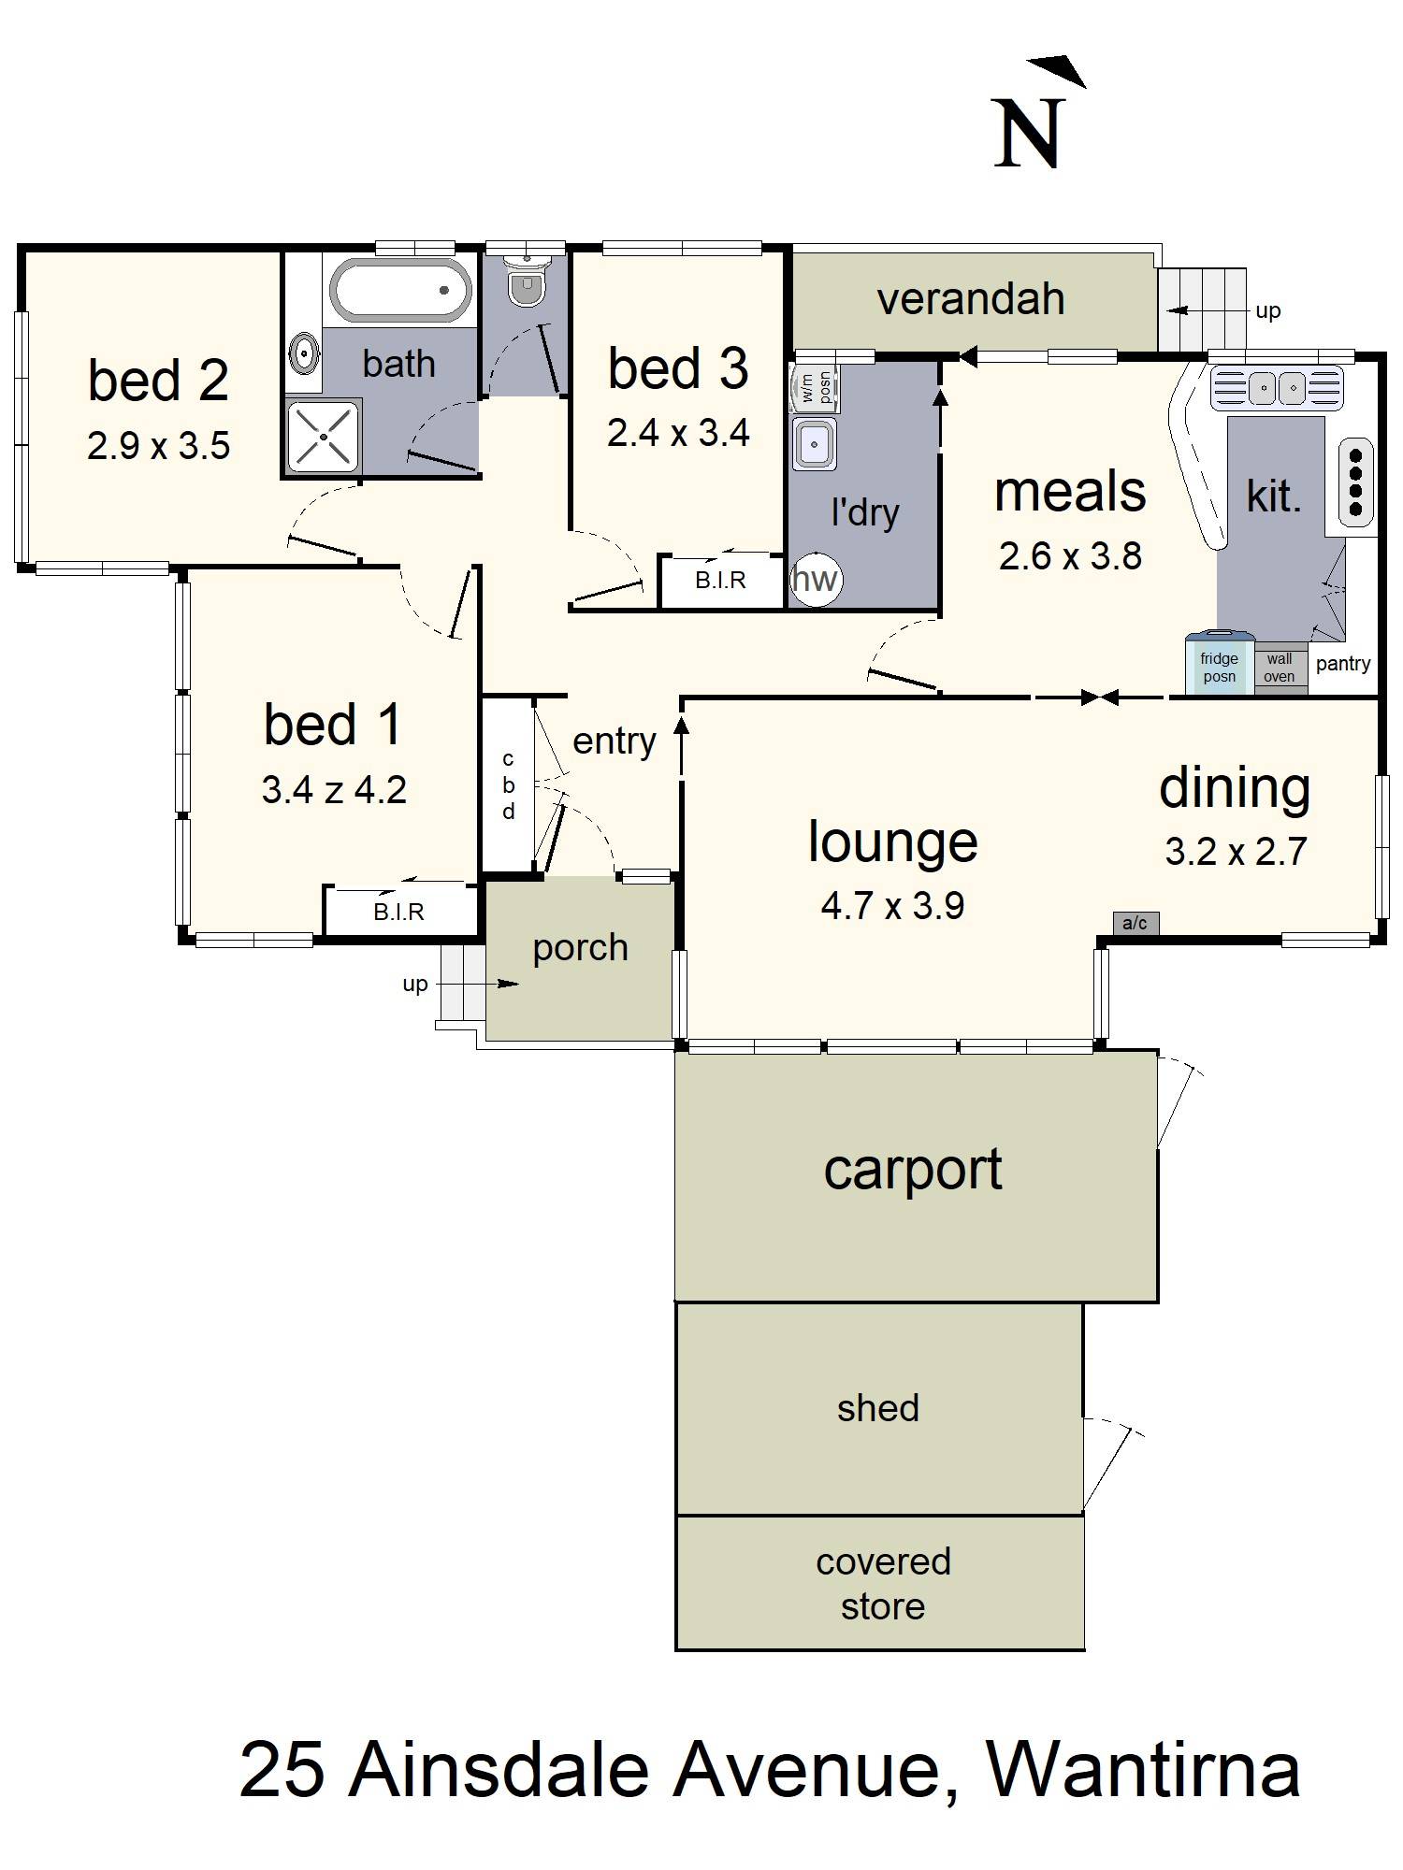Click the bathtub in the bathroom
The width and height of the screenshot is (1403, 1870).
click(399, 290)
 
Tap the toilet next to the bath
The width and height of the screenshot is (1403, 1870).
click(527, 278)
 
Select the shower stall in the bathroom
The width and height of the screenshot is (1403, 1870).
click(323, 436)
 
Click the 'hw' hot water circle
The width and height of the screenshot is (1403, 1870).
click(816, 580)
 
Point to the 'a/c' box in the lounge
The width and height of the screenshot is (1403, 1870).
click(1135, 924)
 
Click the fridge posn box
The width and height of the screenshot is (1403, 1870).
click(1220, 666)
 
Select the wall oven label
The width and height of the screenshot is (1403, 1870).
click(1280, 668)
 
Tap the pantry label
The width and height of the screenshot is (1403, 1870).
click(1343, 664)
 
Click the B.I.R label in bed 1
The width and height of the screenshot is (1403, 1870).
click(398, 912)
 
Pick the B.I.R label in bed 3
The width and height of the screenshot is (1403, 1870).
click(720, 581)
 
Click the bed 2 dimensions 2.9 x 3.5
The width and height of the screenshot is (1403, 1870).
click(159, 446)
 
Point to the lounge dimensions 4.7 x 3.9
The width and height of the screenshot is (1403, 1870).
click(892, 906)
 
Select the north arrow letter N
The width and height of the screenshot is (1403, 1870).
click(1030, 134)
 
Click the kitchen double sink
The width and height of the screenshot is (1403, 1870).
click(1277, 387)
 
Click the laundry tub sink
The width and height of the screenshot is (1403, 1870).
click(815, 443)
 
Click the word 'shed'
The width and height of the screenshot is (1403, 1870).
click(878, 1408)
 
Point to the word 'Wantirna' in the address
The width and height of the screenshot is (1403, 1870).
click(1143, 1770)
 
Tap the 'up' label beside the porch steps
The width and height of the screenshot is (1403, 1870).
click(414, 985)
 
